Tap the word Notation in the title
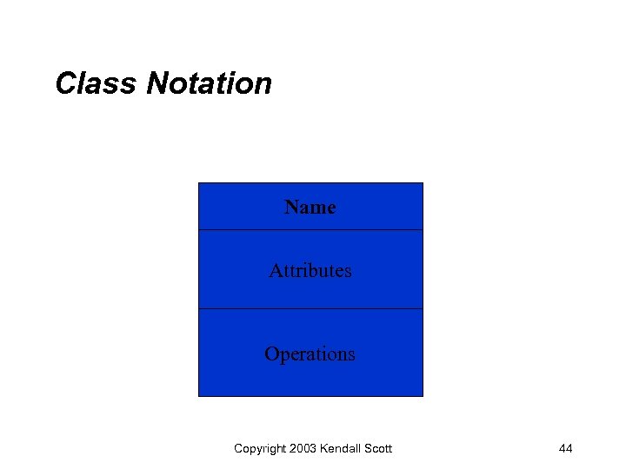click(210, 84)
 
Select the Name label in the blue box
click(310, 207)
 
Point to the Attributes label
click(310, 270)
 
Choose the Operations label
click(310, 353)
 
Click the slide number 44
click(565, 448)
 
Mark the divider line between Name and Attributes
click(310, 230)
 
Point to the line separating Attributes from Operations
click(310, 308)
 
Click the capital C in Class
click(65, 84)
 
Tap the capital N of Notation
click(157, 84)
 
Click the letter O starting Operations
click(271, 353)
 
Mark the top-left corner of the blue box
click(199, 183)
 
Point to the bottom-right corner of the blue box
click(423, 396)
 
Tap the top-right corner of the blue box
click(423, 183)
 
